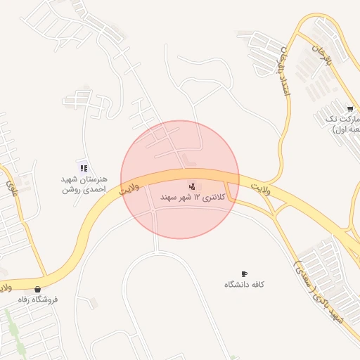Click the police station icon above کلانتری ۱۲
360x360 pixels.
(x=192, y=186)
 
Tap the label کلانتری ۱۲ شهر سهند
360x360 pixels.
(x=193, y=198)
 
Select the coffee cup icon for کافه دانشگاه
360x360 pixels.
(x=244, y=274)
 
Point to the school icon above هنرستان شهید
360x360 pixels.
(x=84, y=168)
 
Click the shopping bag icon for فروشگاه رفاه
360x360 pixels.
(x=37, y=288)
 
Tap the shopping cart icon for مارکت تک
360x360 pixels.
(x=349, y=108)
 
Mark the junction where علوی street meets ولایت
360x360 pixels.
(x=46, y=276)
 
